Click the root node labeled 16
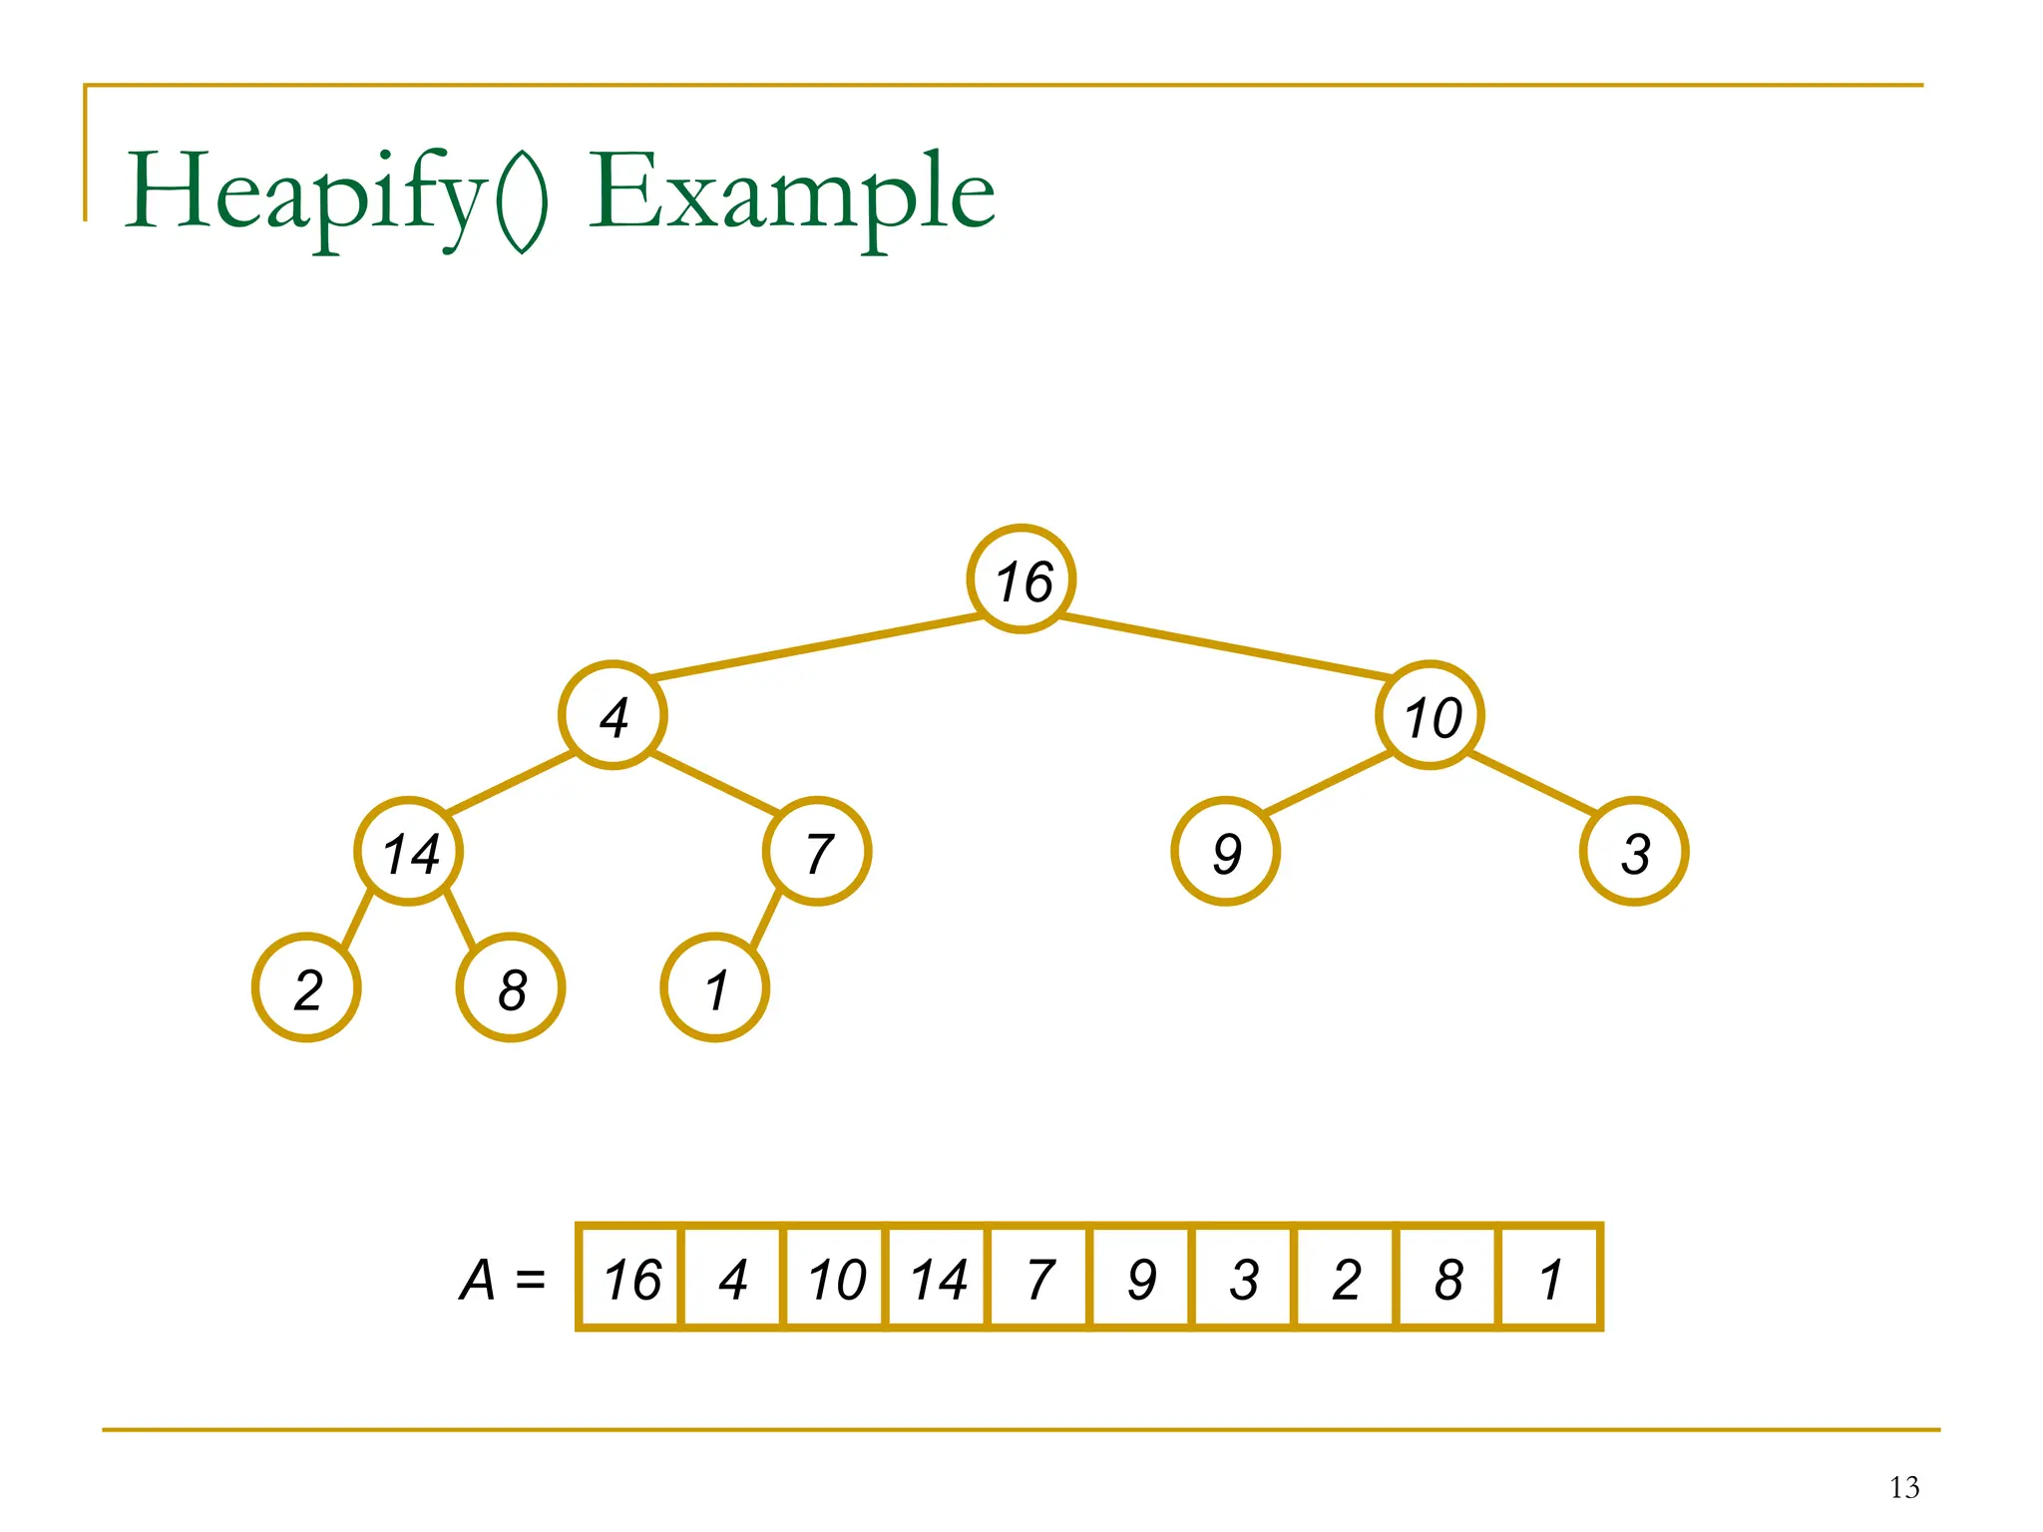coord(1021,578)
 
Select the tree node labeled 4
coord(613,715)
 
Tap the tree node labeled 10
coord(1430,715)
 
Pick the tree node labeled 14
coord(409,852)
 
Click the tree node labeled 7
coord(817,852)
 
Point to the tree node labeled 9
coord(1225,852)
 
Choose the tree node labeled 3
coord(1634,852)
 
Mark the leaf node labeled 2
coord(306,987)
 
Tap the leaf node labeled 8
coord(511,987)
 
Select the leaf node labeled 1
coord(715,987)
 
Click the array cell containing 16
coord(631,1278)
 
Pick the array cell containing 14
coord(938,1278)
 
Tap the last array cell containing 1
coord(1550,1278)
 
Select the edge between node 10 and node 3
coord(1532,783)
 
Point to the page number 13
coord(1903,1488)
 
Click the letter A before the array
coord(478,1280)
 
